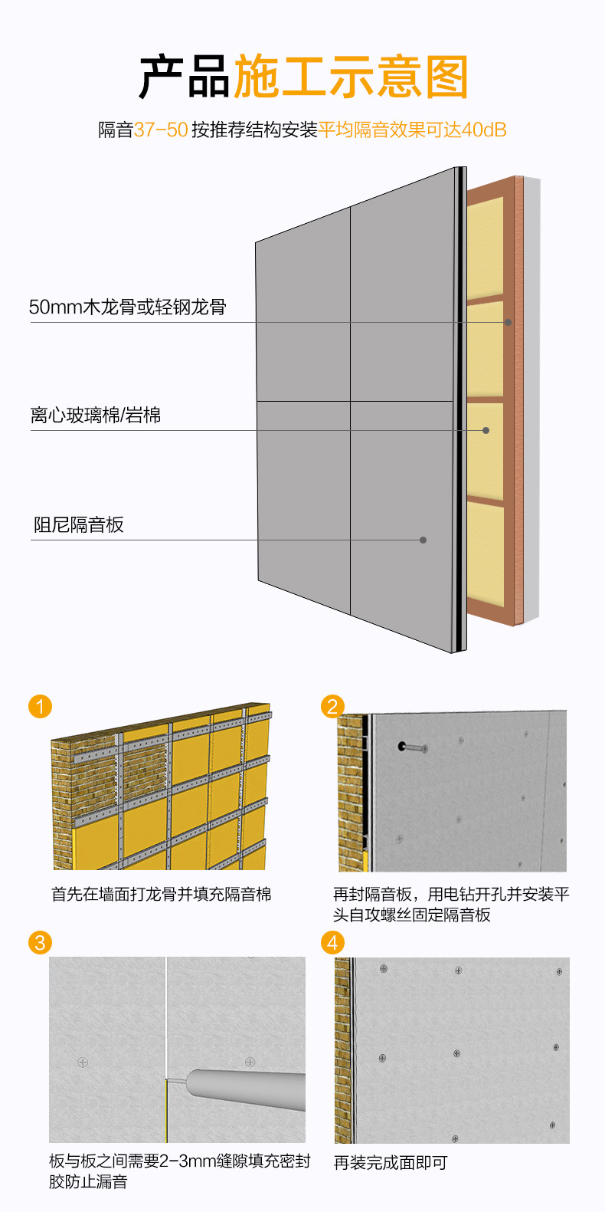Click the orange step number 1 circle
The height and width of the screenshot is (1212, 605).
(40, 706)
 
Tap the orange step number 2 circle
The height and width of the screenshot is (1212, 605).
(332, 706)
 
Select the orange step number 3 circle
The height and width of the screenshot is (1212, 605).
(40, 942)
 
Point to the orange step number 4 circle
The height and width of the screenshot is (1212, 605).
(332, 942)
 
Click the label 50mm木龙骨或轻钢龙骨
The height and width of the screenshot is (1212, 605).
(127, 307)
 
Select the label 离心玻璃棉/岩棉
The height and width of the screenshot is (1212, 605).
(96, 415)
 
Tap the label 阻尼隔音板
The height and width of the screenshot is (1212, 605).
(78, 525)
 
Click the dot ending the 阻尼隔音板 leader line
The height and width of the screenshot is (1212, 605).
(423, 540)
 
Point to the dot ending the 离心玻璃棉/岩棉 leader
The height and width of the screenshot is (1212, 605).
(486, 430)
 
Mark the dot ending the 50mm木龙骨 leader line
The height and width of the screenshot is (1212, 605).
(508, 322)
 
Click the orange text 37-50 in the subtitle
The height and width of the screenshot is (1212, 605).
(161, 130)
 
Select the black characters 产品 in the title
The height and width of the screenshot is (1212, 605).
(185, 77)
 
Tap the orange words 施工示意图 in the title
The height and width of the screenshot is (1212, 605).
(350, 77)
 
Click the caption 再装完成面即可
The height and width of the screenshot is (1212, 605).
(390, 1162)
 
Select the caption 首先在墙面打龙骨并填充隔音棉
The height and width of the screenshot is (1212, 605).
(161, 894)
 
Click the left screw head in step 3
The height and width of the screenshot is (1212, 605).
(83, 1062)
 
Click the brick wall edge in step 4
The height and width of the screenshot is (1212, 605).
(342, 1050)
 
